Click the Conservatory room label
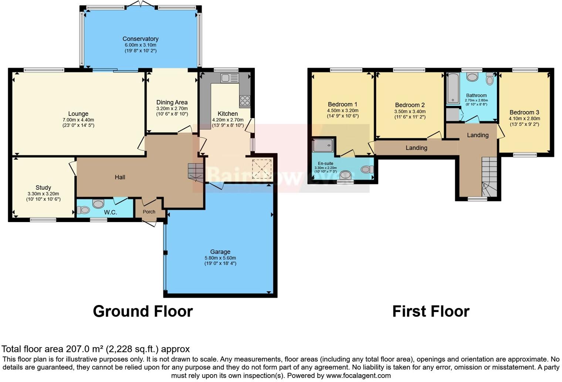(140, 39)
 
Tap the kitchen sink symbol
(230, 78)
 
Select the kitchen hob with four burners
(245, 101)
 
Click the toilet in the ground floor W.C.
(83, 210)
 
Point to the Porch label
(149, 212)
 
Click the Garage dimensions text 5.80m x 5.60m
(220, 258)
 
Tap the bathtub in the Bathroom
(453, 88)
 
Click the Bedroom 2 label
(410, 105)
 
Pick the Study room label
(43, 188)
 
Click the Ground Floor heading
(143, 311)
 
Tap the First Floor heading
(431, 311)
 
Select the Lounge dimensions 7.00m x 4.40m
(78, 120)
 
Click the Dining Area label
(172, 103)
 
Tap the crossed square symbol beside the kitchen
(262, 169)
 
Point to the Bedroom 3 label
(524, 113)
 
